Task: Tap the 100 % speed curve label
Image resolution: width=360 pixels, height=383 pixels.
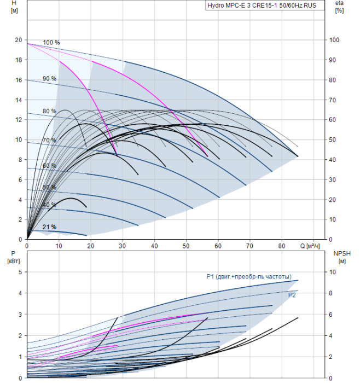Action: tap(51, 43)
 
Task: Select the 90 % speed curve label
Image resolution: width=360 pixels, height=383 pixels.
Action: tap(49, 79)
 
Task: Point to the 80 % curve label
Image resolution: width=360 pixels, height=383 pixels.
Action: tap(49, 111)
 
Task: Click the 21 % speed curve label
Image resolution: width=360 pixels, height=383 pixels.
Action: tap(49, 227)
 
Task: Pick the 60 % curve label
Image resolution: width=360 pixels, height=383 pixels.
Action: tap(49, 166)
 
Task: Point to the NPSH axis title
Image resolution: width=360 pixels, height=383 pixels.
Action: tap(340, 257)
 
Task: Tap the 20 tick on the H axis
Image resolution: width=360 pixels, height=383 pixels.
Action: tap(19, 40)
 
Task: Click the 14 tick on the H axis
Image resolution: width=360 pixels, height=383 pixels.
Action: tap(19, 100)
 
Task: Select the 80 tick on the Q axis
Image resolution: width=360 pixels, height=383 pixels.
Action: tap(282, 246)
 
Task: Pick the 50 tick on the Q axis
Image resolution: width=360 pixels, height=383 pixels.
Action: tap(187, 246)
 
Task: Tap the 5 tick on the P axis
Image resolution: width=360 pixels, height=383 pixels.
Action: tap(20, 272)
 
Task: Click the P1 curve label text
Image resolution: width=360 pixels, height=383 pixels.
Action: tap(248, 276)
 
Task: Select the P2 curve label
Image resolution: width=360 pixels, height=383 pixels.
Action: tap(292, 295)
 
